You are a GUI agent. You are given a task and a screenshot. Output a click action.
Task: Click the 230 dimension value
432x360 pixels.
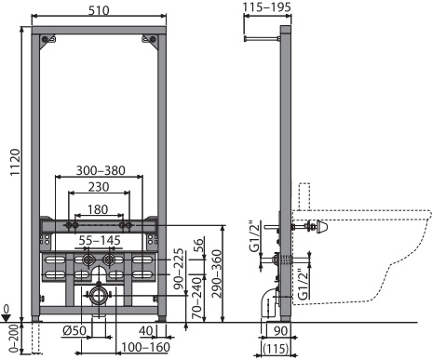(x=99, y=188)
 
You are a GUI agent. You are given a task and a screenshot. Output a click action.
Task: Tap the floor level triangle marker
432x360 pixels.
(x=7, y=317)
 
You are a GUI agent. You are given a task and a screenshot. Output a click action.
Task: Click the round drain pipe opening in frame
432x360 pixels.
(x=97, y=299)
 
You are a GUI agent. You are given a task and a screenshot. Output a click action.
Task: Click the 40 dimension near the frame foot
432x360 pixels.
(x=145, y=331)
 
